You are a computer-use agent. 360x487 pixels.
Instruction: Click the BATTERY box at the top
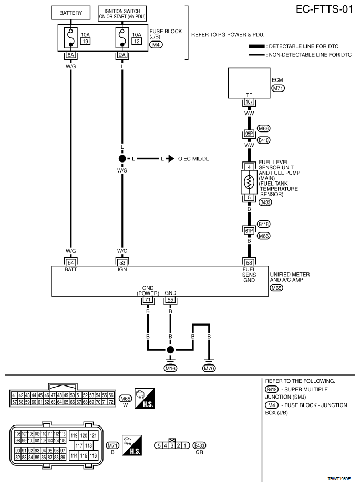70,13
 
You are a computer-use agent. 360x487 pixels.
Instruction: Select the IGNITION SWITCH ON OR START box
122,13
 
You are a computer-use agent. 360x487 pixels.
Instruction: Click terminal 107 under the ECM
249,103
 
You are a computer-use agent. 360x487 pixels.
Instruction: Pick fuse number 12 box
137,41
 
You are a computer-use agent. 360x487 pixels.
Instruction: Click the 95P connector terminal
249,134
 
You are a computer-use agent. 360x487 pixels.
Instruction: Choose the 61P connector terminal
249,230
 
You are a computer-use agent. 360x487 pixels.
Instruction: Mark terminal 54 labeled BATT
70,261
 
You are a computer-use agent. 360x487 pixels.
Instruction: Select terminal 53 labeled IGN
122,261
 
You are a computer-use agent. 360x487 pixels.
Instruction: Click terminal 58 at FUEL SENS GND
249,261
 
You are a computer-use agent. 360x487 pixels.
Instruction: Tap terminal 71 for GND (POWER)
148,299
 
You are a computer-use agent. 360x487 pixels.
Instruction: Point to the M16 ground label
170,369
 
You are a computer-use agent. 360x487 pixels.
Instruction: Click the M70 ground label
209,369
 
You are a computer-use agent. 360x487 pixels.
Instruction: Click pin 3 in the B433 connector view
171,445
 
